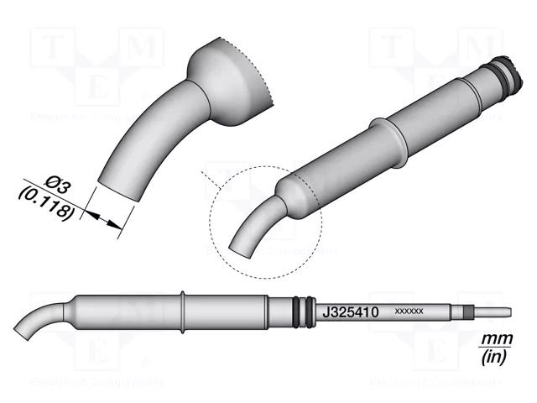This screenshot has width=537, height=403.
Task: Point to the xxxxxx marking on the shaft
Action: click(x=409, y=311)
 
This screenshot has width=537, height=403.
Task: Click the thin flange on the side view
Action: click(x=182, y=311)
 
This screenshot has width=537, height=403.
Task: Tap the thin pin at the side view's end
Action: click(x=495, y=312)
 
